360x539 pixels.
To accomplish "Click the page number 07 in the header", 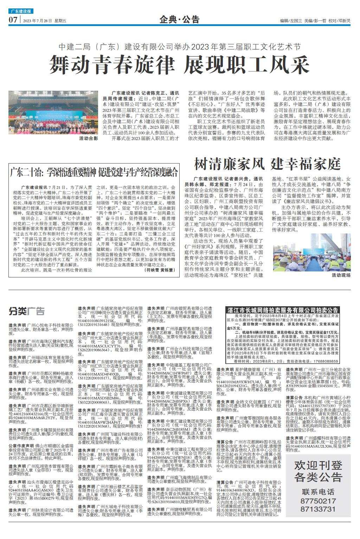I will pyautogui.click(x=13, y=20).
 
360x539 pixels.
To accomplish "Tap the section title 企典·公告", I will pyautogui.click(x=179, y=19).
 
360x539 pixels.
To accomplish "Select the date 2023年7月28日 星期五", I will pyautogui.click(x=45, y=21).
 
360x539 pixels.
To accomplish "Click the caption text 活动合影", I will pyautogui.click(x=88, y=139).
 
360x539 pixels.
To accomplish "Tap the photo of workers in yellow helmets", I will pyautogui.click(x=311, y=252).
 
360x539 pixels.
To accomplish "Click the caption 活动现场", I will pyautogui.click(x=341, y=275).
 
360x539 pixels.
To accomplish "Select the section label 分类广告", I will pyautogui.click(x=27, y=311).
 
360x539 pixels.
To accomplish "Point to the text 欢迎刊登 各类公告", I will pyautogui.click(x=319, y=471).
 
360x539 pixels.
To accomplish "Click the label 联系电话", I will pyautogui.click(x=319, y=492).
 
